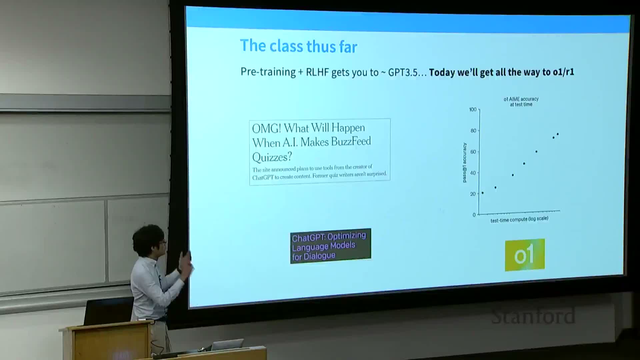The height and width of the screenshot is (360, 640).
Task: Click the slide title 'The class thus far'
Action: tap(298, 46)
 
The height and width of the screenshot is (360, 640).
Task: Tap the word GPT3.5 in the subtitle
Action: tap(403, 72)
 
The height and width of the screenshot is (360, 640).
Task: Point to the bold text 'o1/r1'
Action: tap(563, 72)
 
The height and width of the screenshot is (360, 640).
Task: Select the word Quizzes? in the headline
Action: tap(272, 157)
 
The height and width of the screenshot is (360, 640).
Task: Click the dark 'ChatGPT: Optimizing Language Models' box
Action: tap(330, 246)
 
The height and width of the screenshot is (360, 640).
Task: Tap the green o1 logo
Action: tap(525, 255)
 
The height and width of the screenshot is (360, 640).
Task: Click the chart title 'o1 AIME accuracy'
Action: tap(521, 99)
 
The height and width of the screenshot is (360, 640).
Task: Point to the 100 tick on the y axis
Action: tap(473, 110)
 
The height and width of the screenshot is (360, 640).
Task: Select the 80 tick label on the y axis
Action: tap(473, 131)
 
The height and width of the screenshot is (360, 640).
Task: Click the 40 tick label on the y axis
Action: tap(473, 173)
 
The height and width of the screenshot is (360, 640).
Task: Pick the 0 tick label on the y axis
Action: tap(474, 215)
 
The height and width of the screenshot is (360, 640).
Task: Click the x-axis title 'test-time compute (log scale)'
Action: tap(519, 219)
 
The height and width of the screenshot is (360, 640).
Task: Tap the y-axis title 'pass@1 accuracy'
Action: tap(464, 163)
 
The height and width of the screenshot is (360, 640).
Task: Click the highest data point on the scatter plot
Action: tap(558, 134)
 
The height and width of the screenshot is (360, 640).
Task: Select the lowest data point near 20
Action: tap(483, 193)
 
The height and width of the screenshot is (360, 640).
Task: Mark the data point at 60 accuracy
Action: tap(536, 152)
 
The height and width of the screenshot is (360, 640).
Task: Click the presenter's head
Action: tap(149, 240)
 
